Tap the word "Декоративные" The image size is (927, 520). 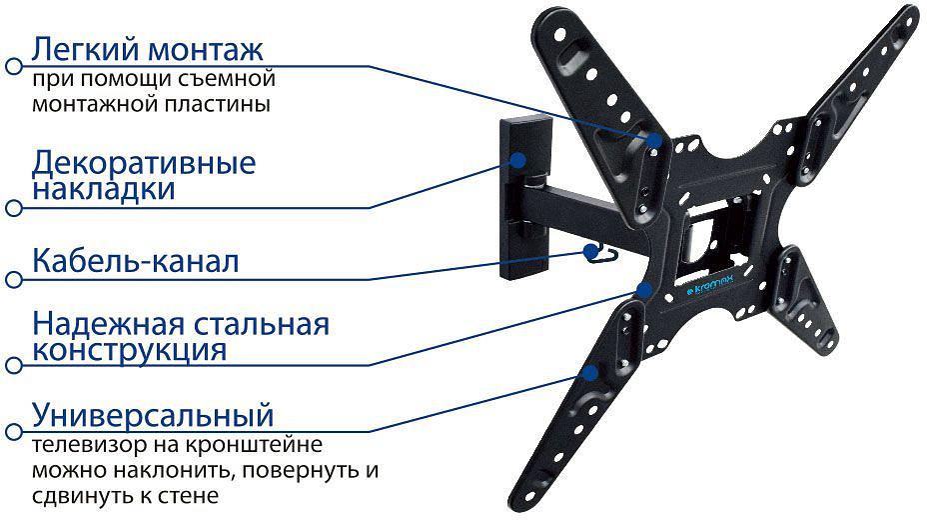pyautogui.click(x=144, y=162)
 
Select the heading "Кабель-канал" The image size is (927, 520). pyautogui.click(x=135, y=263)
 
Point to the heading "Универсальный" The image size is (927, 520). pyautogui.click(x=153, y=414)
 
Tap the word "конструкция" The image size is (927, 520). pyautogui.click(x=129, y=351)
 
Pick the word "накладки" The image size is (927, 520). pyautogui.click(x=104, y=189)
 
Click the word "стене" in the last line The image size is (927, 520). pyautogui.click(x=190, y=496)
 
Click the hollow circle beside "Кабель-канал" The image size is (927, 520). pyautogui.click(x=13, y=279)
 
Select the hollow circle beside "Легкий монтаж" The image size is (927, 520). pyautogui.click(x=13, y=67)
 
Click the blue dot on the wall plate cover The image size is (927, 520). pyautogui.click(x=519, y=160)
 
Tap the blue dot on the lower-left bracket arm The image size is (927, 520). pyautogui.click(x=591, y=372)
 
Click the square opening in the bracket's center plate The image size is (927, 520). pyautogui.click(x=699, y=236)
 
